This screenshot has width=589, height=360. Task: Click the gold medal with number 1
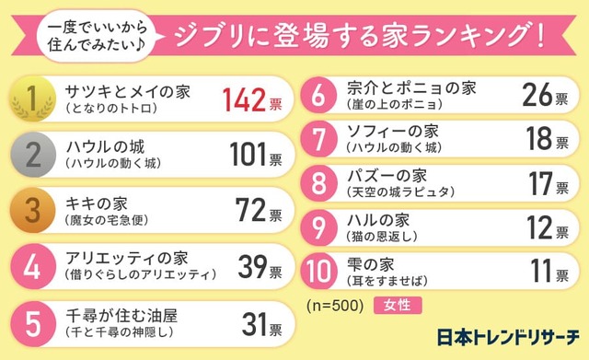coord(32,98)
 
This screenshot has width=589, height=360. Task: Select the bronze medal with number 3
coord(32,212)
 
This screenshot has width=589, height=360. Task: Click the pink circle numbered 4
coord(32,268)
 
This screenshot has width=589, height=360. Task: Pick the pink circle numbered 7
coord(318,138)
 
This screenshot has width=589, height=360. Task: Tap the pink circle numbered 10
coord(318,273)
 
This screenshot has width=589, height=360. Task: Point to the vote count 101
coord(248,156)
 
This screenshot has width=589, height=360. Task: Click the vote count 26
coord(537,95)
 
